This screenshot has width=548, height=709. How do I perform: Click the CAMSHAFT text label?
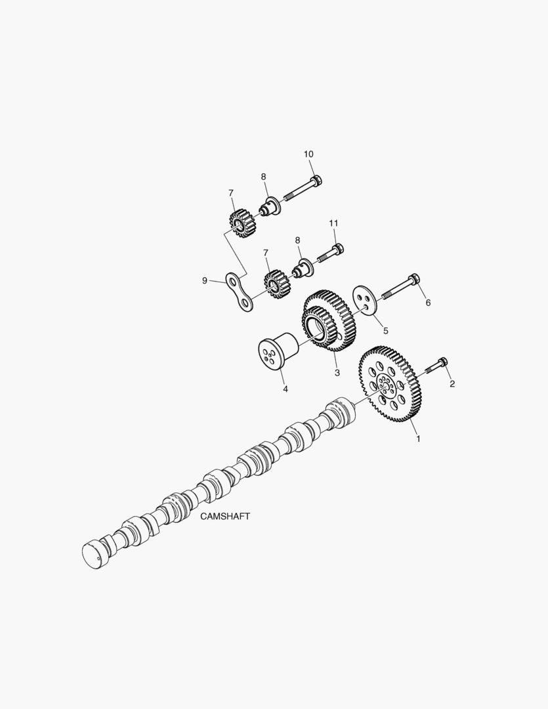[224, 516]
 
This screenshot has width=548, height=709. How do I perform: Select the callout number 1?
[418, 439]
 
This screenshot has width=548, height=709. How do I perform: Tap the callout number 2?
[452, 384]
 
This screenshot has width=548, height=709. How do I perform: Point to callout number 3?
[337, 373]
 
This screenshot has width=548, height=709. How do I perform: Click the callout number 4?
[285, 389]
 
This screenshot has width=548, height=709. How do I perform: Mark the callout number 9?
[205, 281]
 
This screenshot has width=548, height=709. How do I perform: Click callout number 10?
[308, 154]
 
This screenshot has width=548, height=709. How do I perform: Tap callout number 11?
[333, 223]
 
